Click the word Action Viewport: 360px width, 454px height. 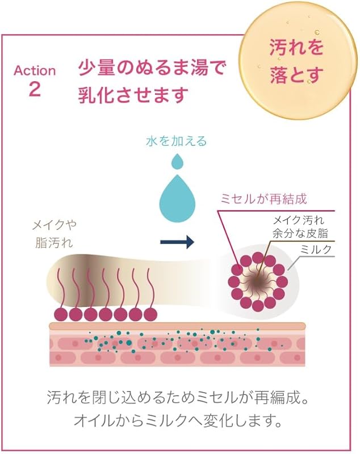[x=35, y=71]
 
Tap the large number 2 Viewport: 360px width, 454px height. [x=34, y=90]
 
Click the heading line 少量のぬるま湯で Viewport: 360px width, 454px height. [x=152, y=70]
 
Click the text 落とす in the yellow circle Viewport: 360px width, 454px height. [x=296, y=74]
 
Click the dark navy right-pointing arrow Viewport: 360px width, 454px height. [x=177, y=242]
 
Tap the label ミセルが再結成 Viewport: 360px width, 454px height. [x=263, y=199]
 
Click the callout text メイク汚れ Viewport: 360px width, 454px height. [x=298, y=220]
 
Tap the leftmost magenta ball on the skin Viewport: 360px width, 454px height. [x=61, y=314]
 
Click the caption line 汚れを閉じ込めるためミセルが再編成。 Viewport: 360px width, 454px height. [x=179, y=397]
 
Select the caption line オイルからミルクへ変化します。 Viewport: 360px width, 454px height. [x=179, y=422]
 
